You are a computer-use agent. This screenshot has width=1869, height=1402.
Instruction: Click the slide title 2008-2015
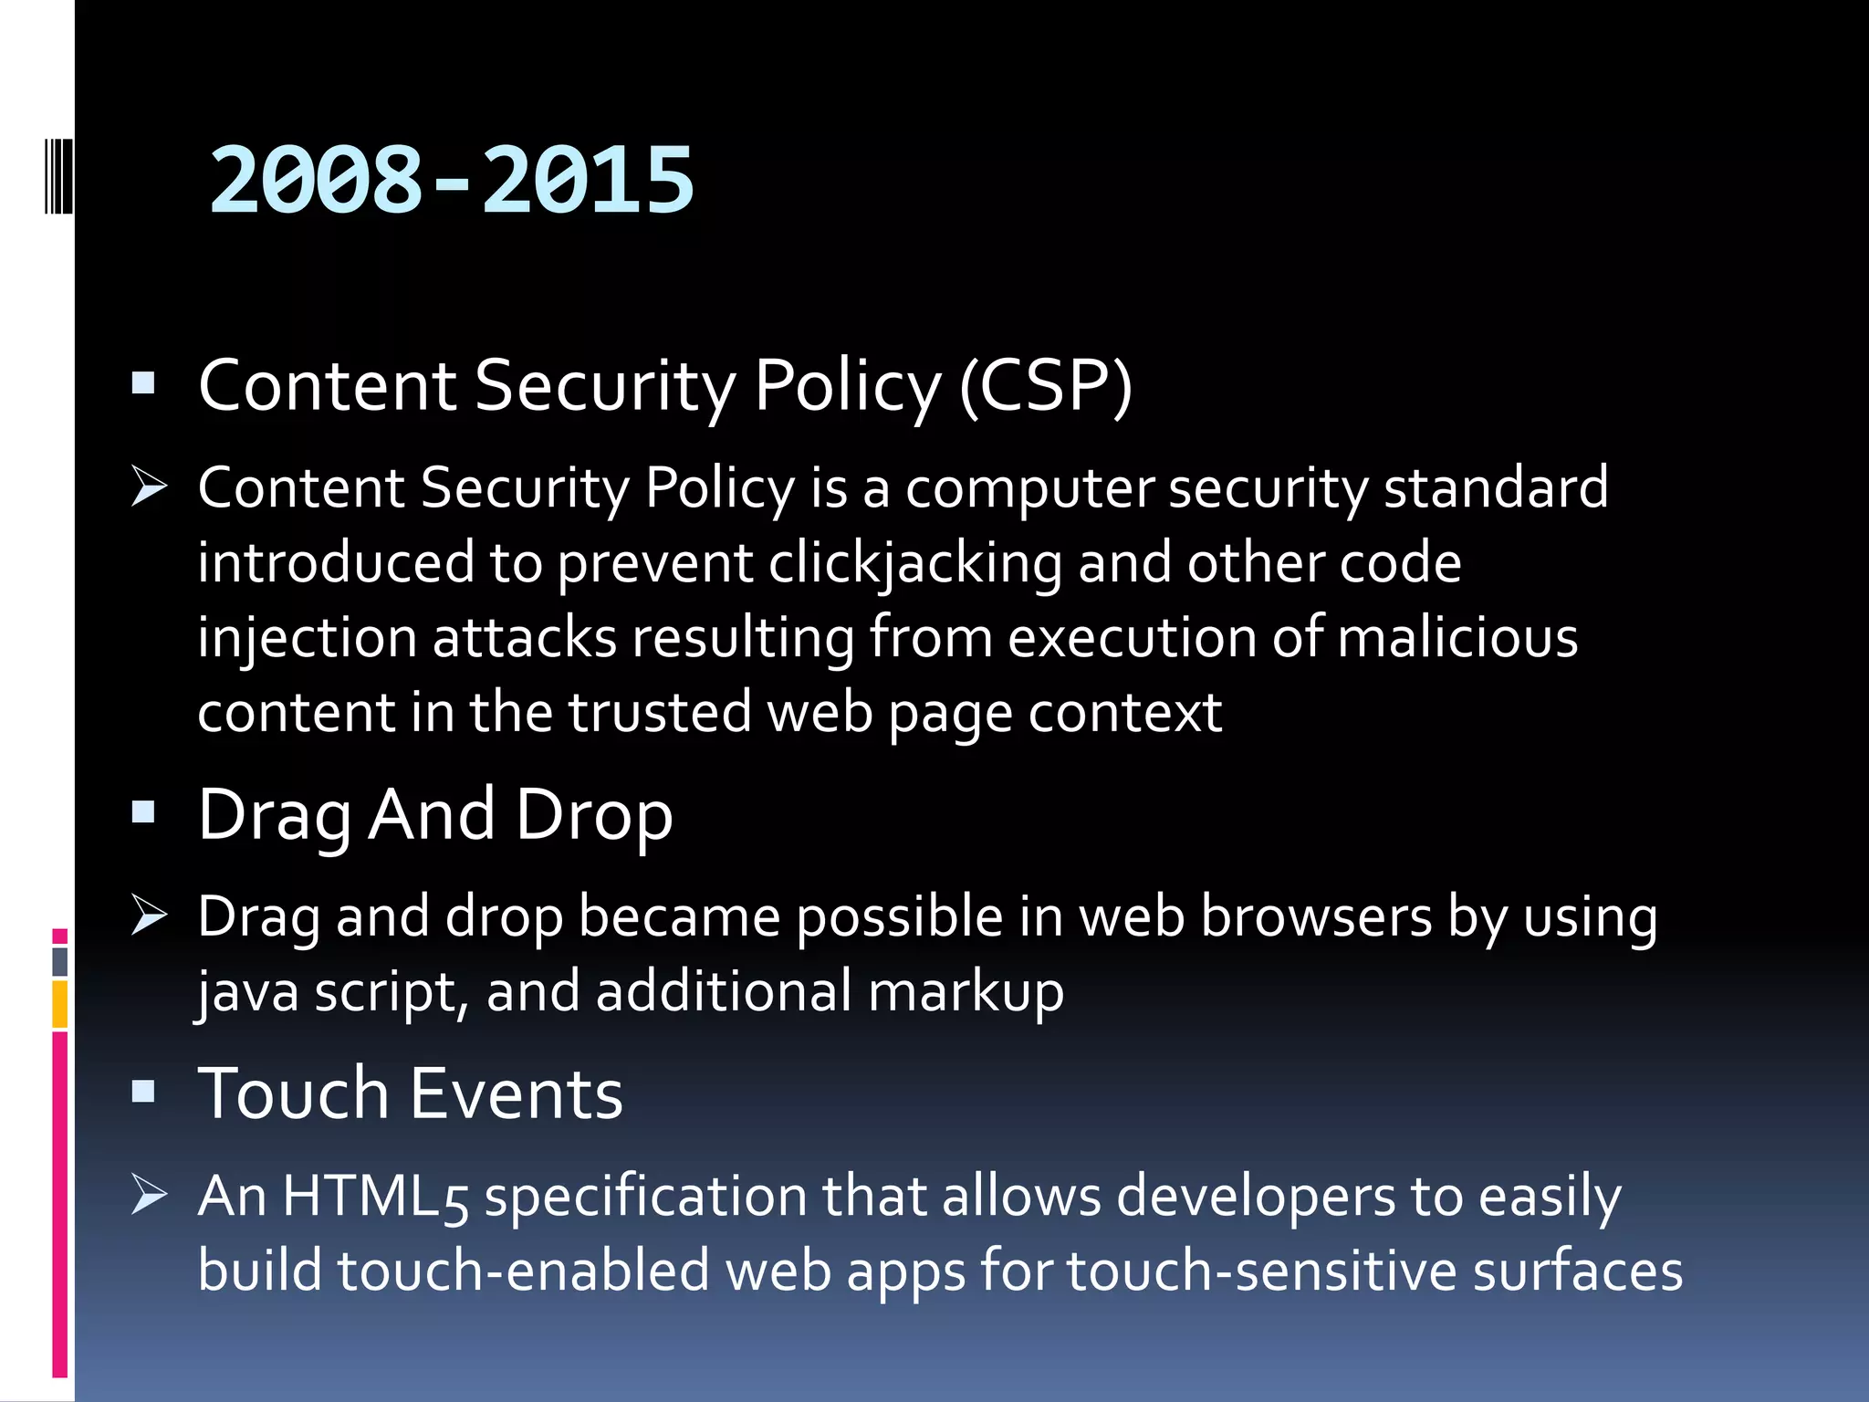[451, 181]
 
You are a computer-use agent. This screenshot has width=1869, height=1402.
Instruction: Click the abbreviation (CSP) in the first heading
[1046, 386]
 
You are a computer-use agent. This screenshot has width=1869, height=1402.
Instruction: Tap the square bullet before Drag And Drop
[143, 812]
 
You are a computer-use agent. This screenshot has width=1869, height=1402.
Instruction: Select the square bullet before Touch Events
[143, 1092]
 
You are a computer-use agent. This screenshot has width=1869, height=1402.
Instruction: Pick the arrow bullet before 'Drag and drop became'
[148, 915]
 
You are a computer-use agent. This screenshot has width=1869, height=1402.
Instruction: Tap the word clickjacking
[915, 563]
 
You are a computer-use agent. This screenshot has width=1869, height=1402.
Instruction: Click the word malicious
[1457, 637]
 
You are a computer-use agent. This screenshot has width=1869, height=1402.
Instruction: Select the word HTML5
[376, 1197]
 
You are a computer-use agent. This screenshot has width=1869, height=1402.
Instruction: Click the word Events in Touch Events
[517, 1093]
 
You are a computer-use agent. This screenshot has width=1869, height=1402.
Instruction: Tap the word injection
[308, 639]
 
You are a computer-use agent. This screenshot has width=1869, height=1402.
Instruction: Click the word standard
[1496, 488]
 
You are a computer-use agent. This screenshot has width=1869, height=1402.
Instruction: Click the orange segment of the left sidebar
[59, 1004]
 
